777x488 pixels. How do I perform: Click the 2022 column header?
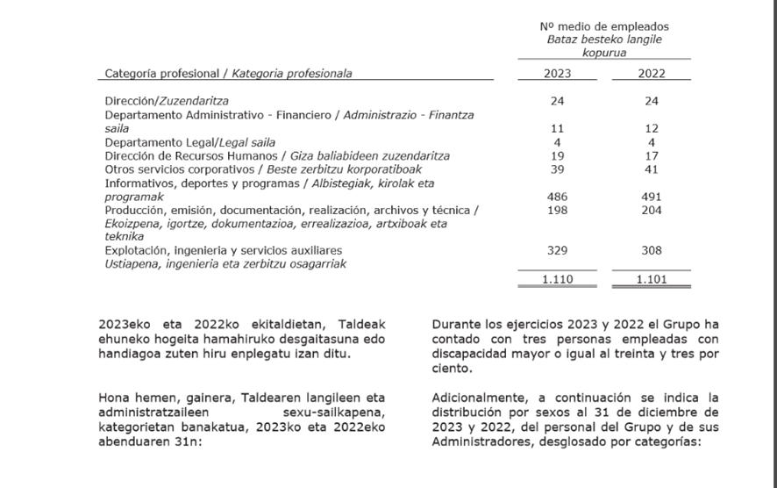pos(651,74)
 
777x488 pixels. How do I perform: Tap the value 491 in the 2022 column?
pos(651,197)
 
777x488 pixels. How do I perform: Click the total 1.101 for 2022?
pos(651,279)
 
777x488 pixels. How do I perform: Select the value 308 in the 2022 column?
pos(651,251)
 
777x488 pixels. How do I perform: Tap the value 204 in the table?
pos(651,211)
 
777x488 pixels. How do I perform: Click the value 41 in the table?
pos(651,169)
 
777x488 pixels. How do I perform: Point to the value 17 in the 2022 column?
pos(651,155)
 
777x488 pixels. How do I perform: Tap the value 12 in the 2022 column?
pos(651,128)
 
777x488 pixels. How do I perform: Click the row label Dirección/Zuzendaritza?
pos(160,101)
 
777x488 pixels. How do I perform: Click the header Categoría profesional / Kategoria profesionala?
pos(228,74)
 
